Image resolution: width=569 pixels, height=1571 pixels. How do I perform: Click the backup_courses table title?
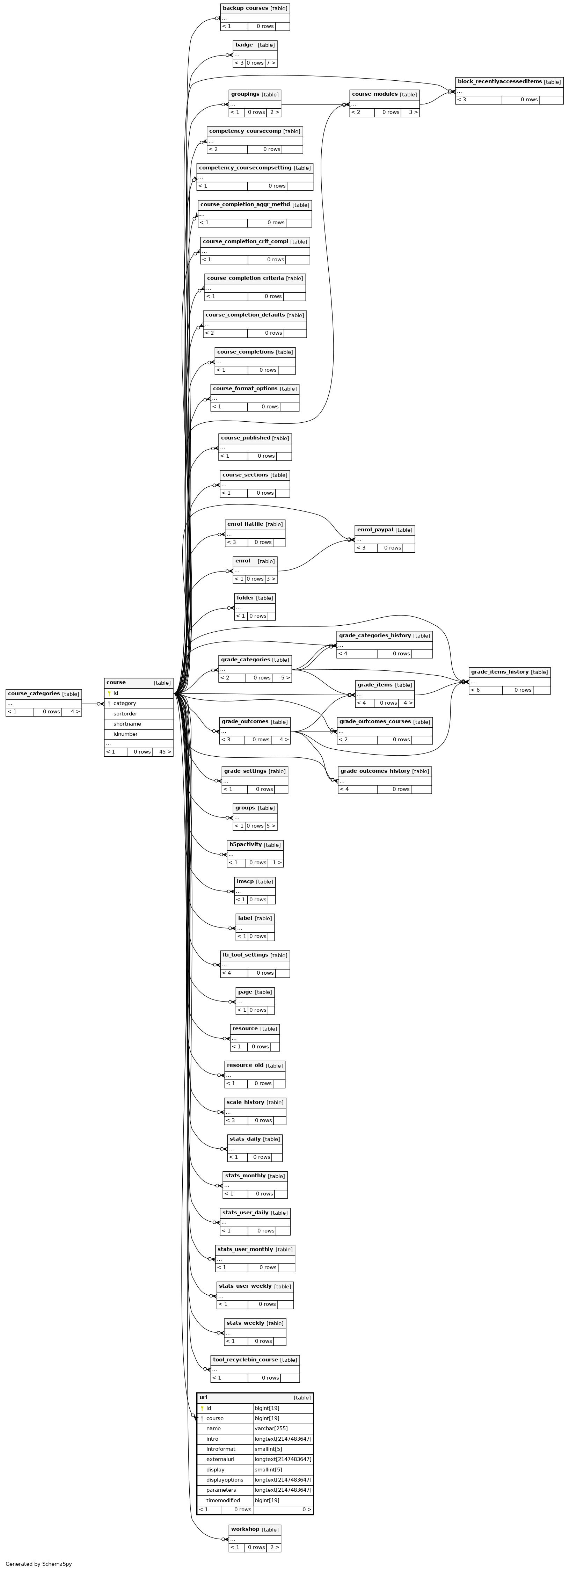tap(245, 8)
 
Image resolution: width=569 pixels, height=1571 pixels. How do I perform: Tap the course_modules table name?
tap(374, 95)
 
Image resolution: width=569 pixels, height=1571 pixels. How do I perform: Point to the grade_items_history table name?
tap(499, 672)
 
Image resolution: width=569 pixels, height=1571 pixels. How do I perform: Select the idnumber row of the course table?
tap(138, 734)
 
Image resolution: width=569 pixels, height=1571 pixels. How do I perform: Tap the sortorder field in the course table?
tap(125, 714)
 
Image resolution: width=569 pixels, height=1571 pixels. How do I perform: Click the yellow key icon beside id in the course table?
tap(109, 693)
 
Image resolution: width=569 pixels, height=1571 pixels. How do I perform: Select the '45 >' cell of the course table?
tap(162, 752)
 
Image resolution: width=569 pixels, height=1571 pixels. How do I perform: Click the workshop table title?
tap(245, 1529)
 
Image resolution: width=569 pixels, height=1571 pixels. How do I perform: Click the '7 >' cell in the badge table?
tap(271, 63)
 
